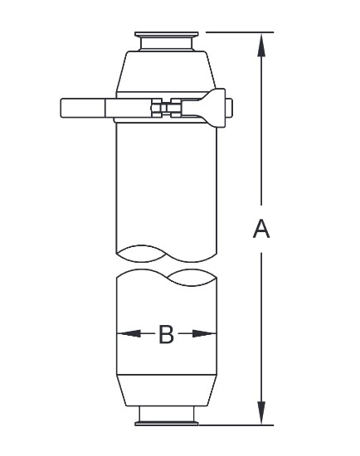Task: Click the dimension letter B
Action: (166, 334)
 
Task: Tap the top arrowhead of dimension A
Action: (262, 44)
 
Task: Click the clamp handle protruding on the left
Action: (83, 108)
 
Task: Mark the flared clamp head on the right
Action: (212, 107)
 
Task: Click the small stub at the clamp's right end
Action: (230, 107)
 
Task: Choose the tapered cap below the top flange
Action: (166, 70)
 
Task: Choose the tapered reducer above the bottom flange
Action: (166, 390)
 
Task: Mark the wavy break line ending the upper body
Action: (166, 250)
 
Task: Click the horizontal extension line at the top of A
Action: (241, 32)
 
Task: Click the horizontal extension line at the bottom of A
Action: (241, 425)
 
